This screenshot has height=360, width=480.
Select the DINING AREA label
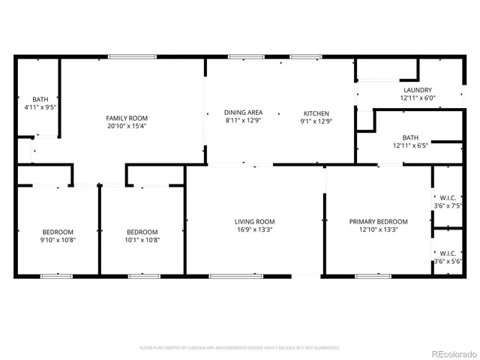click(x=243, y=112)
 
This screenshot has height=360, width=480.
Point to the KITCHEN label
click(x=316, y=112)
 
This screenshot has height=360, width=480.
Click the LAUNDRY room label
click(x=416, y=90)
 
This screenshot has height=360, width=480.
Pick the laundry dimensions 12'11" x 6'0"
click(x=416, y=98)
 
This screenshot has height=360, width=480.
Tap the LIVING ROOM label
click(x=254, y=222)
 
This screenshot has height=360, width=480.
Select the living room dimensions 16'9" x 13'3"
click(x=254, y=230)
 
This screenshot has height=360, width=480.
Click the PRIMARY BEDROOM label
click(x=378, y=222)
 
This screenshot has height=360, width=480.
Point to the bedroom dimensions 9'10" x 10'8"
click(x=58, y=240)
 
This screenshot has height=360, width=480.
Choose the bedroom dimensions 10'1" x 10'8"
click(x=142, y=240)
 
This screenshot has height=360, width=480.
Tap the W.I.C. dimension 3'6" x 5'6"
click(x=448, y=262)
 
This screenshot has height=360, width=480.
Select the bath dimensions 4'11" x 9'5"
click(x=40, y=107)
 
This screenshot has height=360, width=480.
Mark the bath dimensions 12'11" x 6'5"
click(x=410, y=146)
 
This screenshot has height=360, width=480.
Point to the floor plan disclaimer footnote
click(x=240, y=348)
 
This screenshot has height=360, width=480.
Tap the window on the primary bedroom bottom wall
click(x=373, y=276)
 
